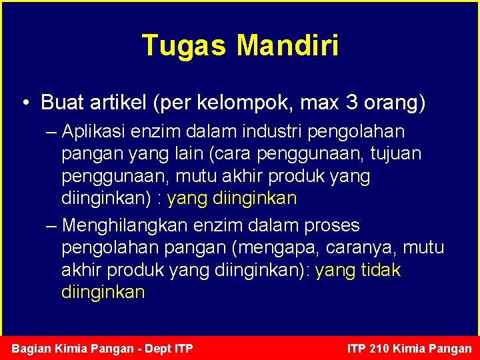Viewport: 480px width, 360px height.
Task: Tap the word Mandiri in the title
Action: tap(287, 46)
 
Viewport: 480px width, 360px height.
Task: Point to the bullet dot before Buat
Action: tap(24, 103)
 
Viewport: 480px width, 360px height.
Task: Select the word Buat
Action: tap(61, 103)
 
